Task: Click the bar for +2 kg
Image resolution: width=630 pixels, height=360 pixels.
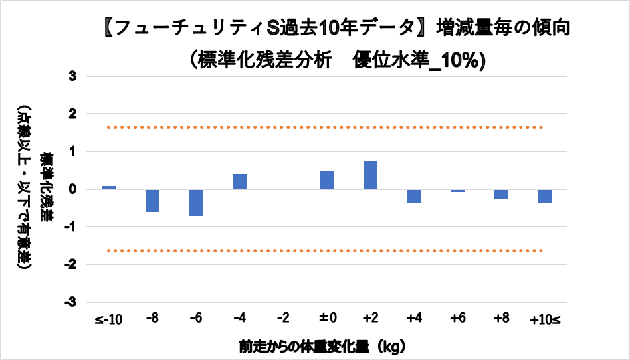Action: (370, 175)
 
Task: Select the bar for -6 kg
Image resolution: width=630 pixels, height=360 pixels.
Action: (195, 203)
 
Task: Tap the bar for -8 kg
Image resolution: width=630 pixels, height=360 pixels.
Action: (152, 201)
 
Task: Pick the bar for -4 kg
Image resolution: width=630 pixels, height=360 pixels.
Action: (239, 181)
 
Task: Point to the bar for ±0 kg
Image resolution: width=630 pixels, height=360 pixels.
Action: (326, 180)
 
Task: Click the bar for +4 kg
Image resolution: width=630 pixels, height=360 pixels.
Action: (414, 196)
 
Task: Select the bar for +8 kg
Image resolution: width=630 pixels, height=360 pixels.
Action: (501, 194)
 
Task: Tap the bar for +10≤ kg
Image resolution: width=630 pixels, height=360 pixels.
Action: (545, 196)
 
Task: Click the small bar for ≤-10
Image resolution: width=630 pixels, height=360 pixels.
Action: (108, 187)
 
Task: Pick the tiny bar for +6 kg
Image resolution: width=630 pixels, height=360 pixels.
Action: (457, 191)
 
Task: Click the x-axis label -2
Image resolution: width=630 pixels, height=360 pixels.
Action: (283, 319)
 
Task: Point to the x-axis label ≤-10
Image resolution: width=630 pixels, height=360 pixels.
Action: (108, 319)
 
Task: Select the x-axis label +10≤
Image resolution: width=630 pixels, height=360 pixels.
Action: (545, 319)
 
